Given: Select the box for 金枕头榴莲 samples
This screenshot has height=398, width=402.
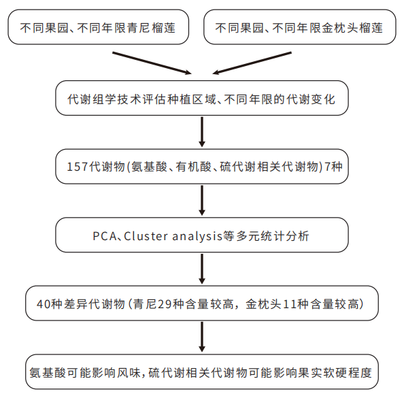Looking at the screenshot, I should coord(299,28).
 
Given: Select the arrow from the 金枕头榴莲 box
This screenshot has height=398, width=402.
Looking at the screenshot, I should coord(249,61).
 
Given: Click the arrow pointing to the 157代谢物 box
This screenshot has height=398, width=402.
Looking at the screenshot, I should coord(201,132).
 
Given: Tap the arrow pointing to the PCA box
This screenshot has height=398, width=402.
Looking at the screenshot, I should coord(201,201).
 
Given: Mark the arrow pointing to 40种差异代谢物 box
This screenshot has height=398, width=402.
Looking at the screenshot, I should coord(201,270).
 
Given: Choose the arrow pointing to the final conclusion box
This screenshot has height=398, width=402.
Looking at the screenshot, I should coord(201,338).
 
